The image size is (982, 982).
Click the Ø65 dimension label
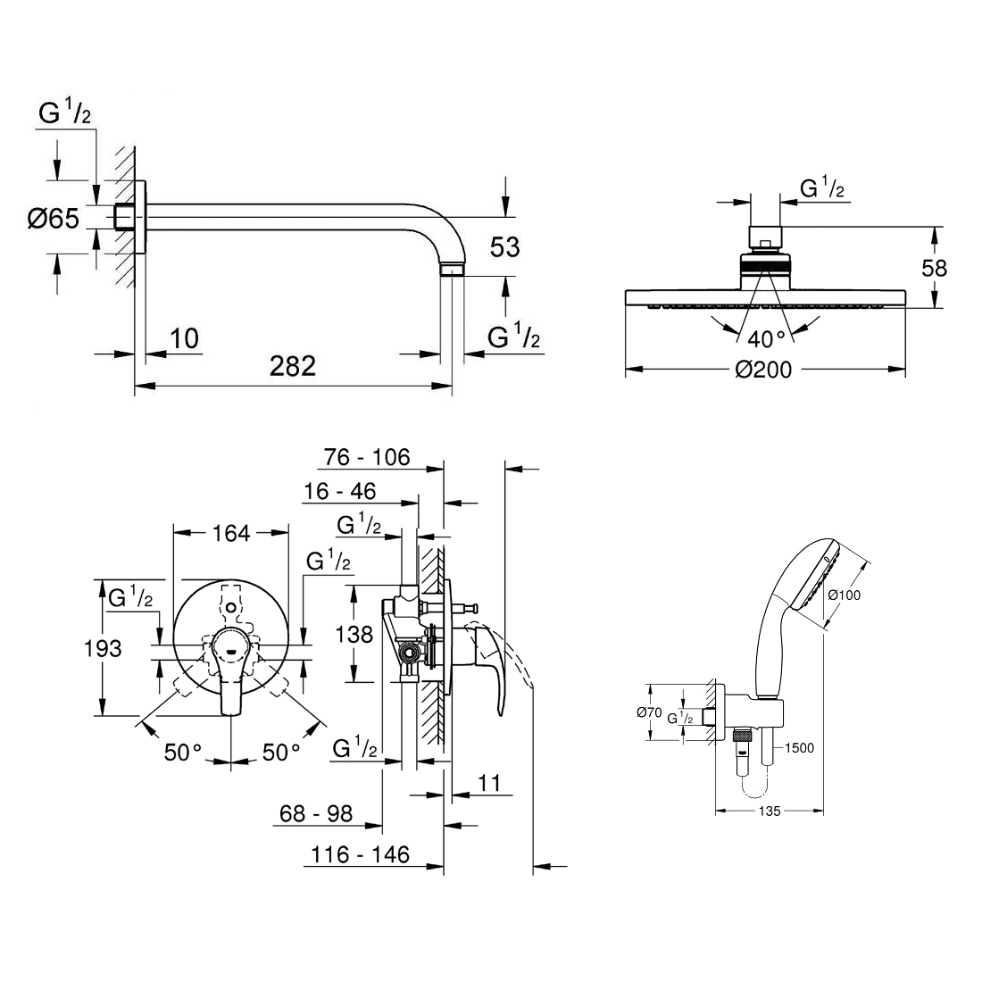click(x=54, y=219)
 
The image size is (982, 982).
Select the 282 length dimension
click(x=293, y=366)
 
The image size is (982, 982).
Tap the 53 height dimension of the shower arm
click(x=504, y=247)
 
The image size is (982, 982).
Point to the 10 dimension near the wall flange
click(x=185, y=339)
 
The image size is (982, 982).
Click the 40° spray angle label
click(x=766, y=339)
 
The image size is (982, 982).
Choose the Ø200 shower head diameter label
click(x=763, y=370)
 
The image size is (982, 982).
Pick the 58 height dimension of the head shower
click(x=934, y=268)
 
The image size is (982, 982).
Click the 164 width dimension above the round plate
click(x=231, y=534)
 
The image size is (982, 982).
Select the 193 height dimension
click(x=103, y=648)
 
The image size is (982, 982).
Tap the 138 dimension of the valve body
click(x=354, y=635)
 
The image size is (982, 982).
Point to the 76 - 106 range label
click(x=367, y=457)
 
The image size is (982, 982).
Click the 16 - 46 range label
click(x=339, y=492)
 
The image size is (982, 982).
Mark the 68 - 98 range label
click(x=316, y=813)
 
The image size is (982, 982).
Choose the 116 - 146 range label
click(x=360, y=854)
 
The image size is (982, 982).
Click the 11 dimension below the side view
click(x=489, y=783)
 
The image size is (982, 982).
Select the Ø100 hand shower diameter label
click(x=844, y=595)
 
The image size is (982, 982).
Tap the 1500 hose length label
click(x=799, y=748)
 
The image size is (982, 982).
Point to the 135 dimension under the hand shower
click(x=770, y=811)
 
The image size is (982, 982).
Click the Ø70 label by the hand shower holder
click(x=649, y=712)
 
